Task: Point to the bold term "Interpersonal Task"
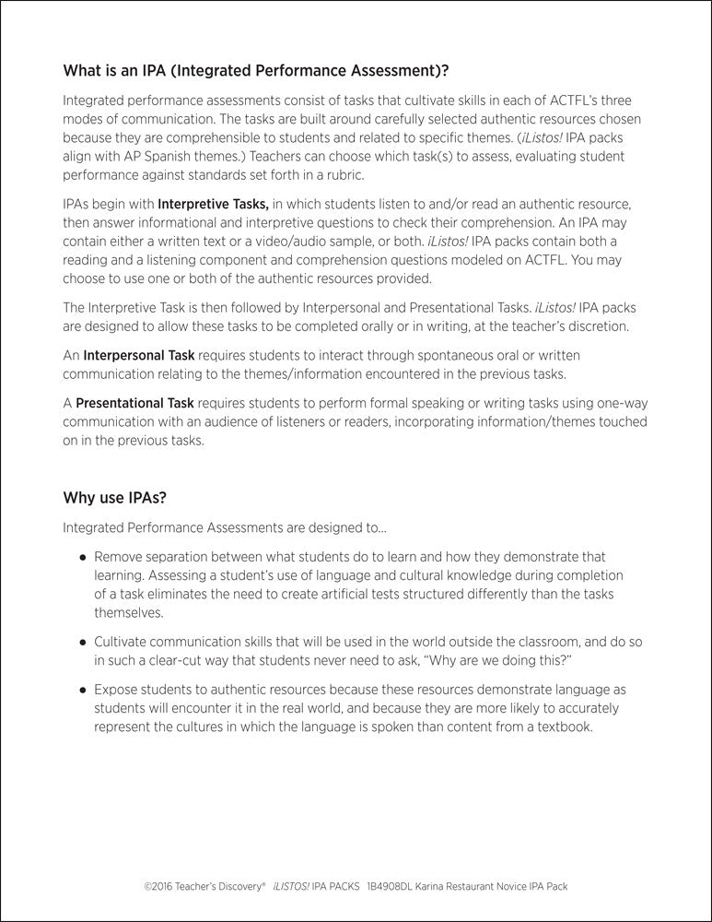click(138, 355)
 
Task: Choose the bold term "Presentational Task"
click(134, 403)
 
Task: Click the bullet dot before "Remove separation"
click(83, 558)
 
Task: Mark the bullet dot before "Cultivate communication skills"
click(83, 640)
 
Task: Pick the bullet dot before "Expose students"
click(83, 690)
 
